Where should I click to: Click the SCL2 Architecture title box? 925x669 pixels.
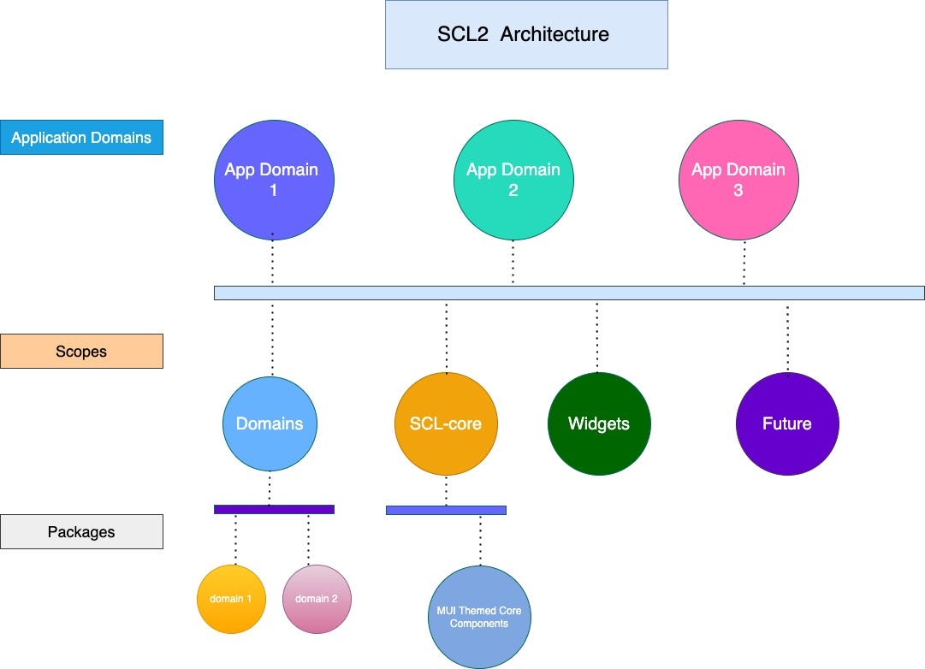(x=525, y=35)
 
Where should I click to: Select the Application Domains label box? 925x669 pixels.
(x=81, y=137)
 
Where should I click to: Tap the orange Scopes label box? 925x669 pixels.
(x=81, y=351)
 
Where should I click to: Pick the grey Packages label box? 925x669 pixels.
(x=81, y=531)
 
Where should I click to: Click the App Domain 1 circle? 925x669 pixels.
(x=273, y=180)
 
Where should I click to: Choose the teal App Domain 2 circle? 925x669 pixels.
(x=513, y=180)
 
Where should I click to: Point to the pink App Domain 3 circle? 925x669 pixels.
(x=738, y=180)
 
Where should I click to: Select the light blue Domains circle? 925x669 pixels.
(x=270, y=423)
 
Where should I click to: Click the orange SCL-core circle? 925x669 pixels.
(x=445, y=423)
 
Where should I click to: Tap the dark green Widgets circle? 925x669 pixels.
(x=599, y=423)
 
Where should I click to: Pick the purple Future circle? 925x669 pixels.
(x=787, y=423)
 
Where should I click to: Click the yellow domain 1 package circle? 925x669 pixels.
(x=231, y=599)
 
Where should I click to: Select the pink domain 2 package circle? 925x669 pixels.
(x=317, y=599)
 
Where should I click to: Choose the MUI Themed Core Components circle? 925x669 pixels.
(x=479, y=617)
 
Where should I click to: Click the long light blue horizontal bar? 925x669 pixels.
(x=569, y=293)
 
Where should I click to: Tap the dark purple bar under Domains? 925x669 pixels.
(x=274, y=509)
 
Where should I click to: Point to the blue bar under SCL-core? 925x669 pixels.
(x=446, y=510)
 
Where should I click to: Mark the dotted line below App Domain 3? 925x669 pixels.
(x=744, y=263)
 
